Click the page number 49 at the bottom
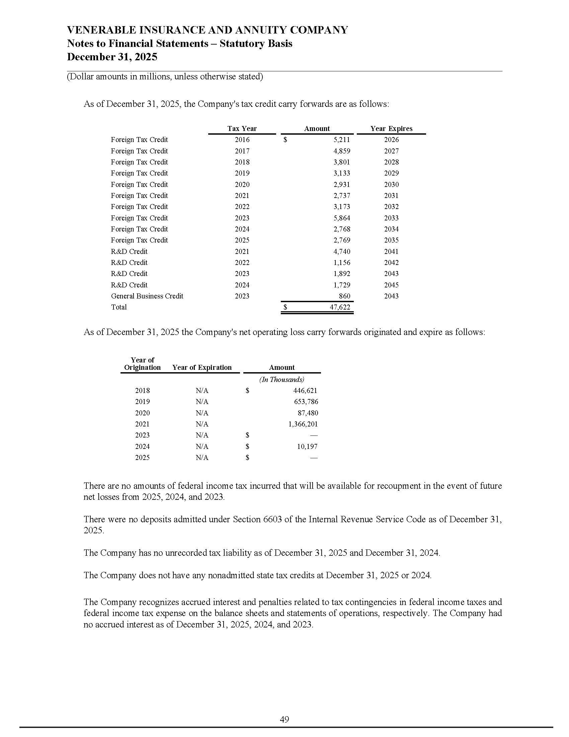284,719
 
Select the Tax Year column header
242,129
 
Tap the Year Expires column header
391,129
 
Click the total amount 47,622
339,307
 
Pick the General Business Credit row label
147,296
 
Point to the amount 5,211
341,140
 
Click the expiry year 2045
391,285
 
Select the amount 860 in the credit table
344,296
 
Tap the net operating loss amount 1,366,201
303,424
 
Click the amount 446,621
305,391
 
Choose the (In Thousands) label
281,380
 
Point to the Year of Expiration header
202,367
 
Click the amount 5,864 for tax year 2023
341,218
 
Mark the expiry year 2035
391,240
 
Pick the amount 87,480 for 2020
308,413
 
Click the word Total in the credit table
119,307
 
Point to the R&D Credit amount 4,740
341,251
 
